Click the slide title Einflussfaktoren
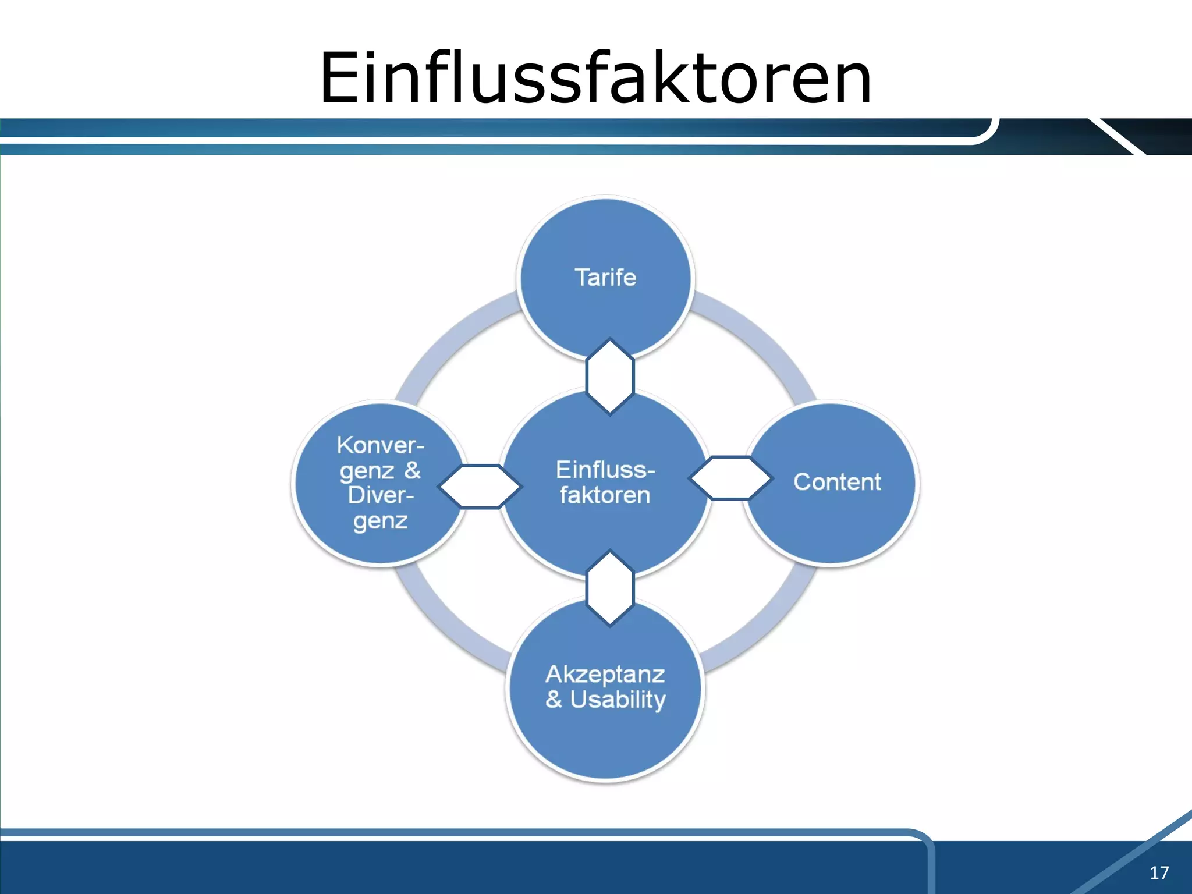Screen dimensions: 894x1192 click(x=595, y=78)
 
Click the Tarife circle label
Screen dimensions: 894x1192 click(x=605, y=278)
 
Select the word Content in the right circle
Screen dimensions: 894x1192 click(x=837, y=482)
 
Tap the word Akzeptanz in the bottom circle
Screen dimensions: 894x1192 click(x=605, y=674)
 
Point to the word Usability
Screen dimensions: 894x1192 click(x=618, y=700)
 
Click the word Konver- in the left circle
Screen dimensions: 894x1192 click(x=381, y=445)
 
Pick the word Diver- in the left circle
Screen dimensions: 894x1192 click(x=381, y=495)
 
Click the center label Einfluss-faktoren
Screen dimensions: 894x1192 click(x=605, y=482)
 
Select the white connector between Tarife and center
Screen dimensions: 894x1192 click(x=609, y=376)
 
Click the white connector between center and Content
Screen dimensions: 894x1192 click(x=730, y=478)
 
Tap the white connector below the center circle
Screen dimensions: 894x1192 click(x=609, y=588)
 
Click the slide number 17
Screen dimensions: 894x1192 click(x=1159, y=872)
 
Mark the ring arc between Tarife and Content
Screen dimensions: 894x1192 click(x=757, y=338)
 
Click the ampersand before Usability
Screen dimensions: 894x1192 click(x=554, y=700)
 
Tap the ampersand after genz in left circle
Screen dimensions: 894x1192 click(x=413, y=470)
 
